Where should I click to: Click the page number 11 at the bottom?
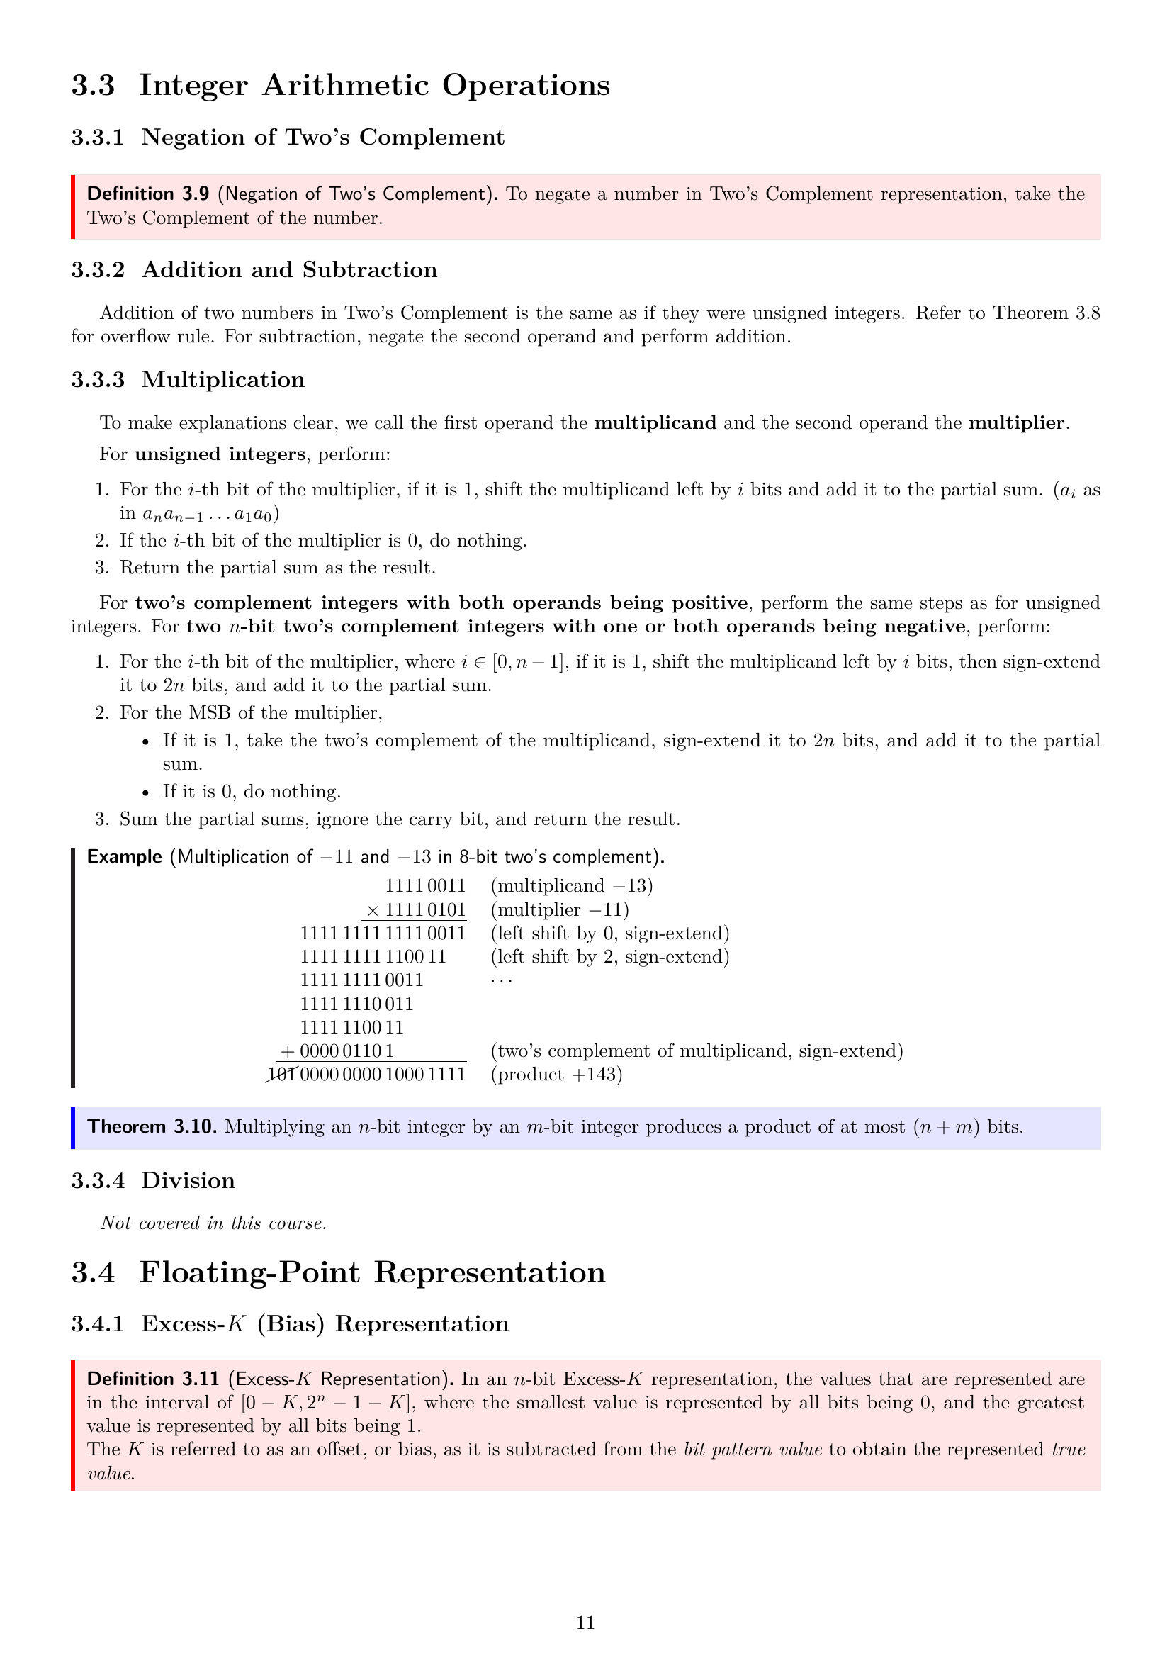[585, 1623]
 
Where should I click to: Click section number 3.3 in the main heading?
[93, 85]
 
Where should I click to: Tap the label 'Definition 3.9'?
[148, 194]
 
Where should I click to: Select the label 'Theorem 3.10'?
[152, 1126]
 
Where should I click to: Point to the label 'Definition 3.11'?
[152, 1379]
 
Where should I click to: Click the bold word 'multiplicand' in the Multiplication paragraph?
[655, 423]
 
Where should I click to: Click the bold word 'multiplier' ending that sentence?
[1016, 423]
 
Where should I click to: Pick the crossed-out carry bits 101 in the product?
[281, 1075]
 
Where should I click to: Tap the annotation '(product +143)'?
[556, 1075]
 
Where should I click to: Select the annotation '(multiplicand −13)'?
[572, 886]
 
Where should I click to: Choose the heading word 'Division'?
[188, 1181]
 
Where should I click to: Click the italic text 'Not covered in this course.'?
[213, 1223]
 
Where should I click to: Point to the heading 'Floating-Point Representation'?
[373, 1272]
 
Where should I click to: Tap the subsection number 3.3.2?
[97, 270]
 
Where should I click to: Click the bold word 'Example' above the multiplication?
[124, 857]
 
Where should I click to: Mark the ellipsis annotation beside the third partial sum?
[501, 980]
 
